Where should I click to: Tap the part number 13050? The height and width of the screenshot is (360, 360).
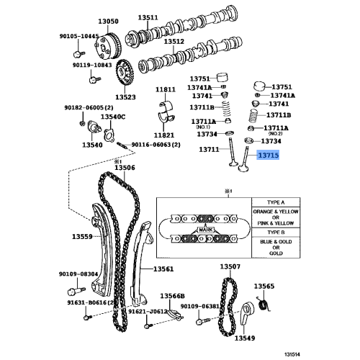click(x=108, y=21)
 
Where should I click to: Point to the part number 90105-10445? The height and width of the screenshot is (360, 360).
click(x=79, y=36)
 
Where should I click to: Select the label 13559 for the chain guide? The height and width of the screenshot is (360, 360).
click(x=82, y=236)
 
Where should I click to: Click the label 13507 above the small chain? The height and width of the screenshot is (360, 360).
click(x=230, y=266)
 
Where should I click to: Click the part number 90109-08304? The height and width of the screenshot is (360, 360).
click(x=79, y=274)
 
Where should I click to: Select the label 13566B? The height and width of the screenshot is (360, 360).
click(x=173, y=296)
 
